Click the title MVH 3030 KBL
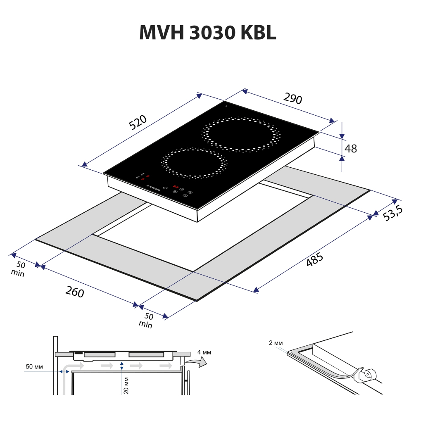(x=207, y=32)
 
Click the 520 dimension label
(x=138, y=123)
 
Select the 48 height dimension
(x=351, y=148)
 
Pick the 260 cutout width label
(x=75, y=292)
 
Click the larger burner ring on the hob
(x=241, y=134)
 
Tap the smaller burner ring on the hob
(x=194, y=163)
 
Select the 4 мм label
(x=204, y=352)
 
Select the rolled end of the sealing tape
(x=366, y=374)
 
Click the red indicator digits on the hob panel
(x=177, y=186)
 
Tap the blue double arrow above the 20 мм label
(x=121, y=366)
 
